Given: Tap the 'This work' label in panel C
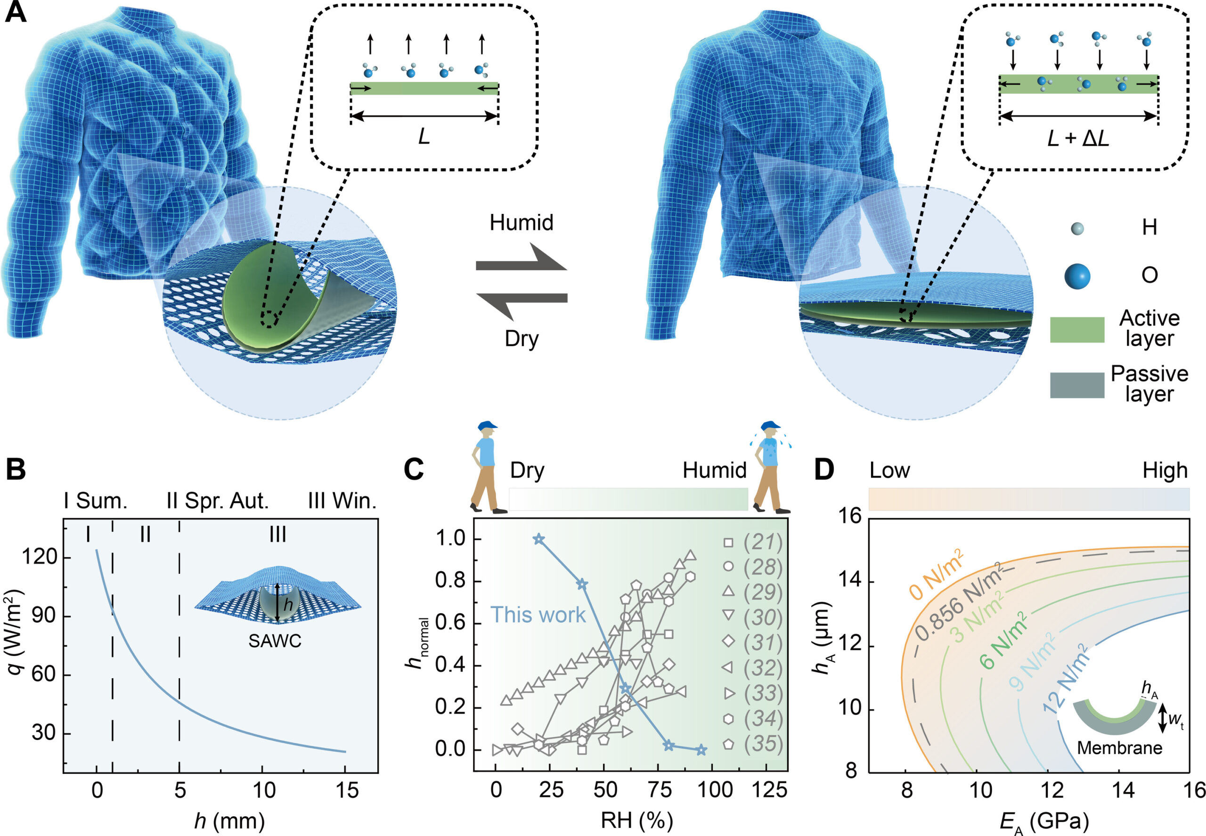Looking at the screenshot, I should pyautogui.click(x=538, y=615).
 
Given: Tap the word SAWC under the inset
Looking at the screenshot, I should pyautogui.click(x=275, y=641).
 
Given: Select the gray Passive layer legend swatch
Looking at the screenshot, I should pyautogui.click(x=1076, y=385).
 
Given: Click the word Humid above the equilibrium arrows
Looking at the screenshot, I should pyautogui.click(x=522, y=223).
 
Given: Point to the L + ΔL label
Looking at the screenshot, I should pyautogui.click(x=1078, y=138).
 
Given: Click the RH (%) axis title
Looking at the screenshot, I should pyautogui.click(x=636, y=820).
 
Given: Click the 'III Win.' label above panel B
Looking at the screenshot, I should pyautogui.click(x=342, y=501).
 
